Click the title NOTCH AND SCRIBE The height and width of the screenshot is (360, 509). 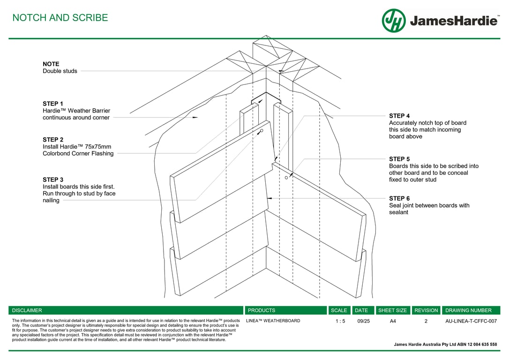coord(60,18)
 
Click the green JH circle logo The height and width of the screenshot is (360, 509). coord(394,21)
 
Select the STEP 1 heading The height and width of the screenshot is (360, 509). coord(53,104)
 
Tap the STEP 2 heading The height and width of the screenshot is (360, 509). coord(53,140)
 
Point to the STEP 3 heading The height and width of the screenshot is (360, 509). coord(53,180)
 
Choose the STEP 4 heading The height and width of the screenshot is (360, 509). coord(399,116)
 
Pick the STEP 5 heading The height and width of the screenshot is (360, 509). coord(399,159)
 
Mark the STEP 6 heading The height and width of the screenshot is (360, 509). coord(399,199)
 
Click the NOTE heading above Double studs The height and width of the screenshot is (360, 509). coord(51,64)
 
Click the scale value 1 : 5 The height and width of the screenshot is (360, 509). coord(340,321)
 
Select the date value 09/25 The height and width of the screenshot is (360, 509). coord(363,321)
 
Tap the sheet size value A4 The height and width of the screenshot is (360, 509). coord(393,321)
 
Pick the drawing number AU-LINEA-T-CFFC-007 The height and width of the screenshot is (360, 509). coord(471,321)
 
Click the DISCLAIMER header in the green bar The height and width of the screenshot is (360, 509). coord(27,310)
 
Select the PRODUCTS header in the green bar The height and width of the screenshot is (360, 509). coord(262,310)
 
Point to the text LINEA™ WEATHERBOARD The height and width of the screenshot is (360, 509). coord(273,321)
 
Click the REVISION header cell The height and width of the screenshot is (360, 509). coord(426,310)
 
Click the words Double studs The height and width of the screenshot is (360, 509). coord(60,71)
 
